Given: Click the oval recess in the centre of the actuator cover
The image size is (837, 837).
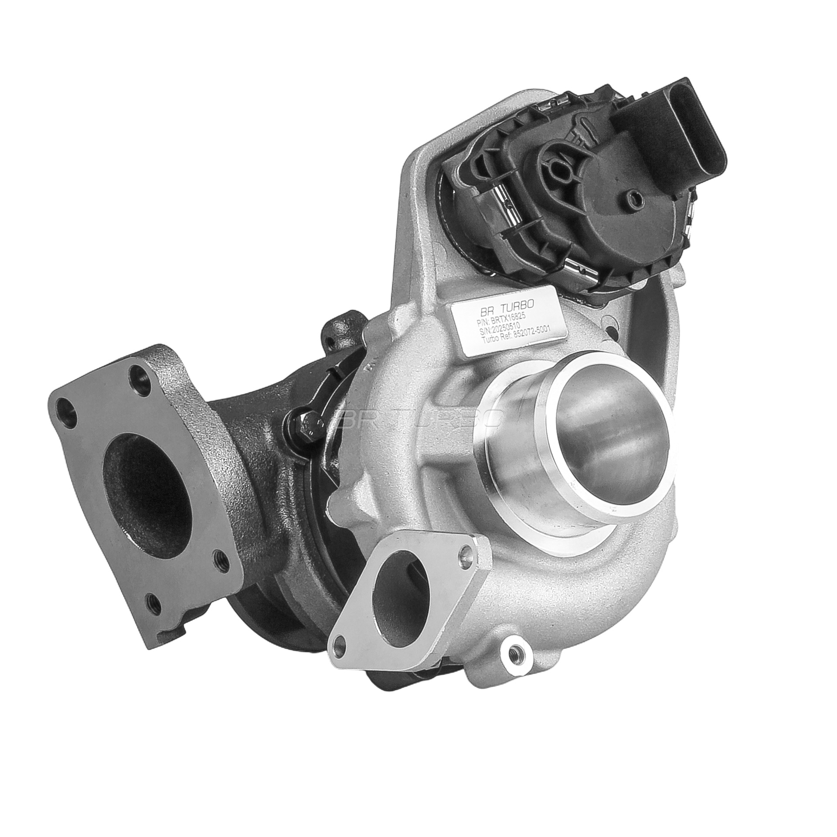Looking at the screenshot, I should pos(557,168).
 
